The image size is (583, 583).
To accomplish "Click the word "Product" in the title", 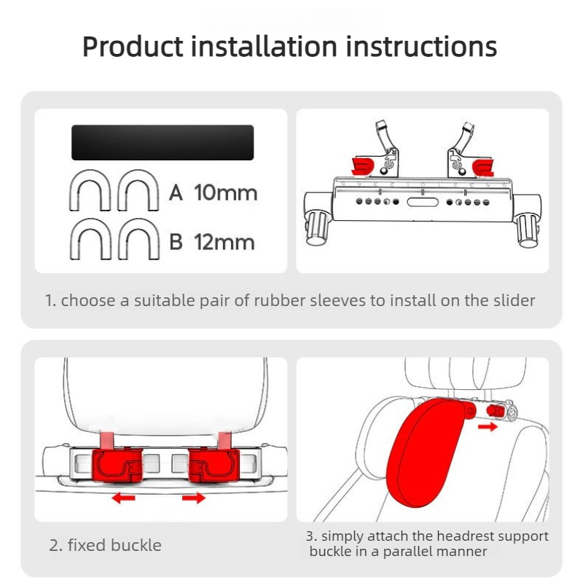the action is [133, 47].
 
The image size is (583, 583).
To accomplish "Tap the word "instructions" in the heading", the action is [421, 47].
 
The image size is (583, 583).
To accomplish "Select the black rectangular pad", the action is [163, 142].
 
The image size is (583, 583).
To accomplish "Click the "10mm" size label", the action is [226, 193].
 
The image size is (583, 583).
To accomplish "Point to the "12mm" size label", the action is [224, 242].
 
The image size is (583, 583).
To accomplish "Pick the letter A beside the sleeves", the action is [176, 193].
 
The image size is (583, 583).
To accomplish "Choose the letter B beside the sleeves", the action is [176, 242].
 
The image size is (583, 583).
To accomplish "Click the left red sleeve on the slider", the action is [362, 166].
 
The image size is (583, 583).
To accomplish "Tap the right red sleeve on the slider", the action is [482, 168].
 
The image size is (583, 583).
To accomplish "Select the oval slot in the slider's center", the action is [423, 203].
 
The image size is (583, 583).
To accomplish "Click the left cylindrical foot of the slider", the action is [317, 228].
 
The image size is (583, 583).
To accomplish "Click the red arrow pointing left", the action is [123, 498].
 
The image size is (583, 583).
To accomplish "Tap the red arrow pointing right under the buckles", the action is [194, 498].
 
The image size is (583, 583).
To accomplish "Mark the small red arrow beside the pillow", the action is [488, 426].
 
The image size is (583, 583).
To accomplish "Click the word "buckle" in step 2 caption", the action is [136, 545].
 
